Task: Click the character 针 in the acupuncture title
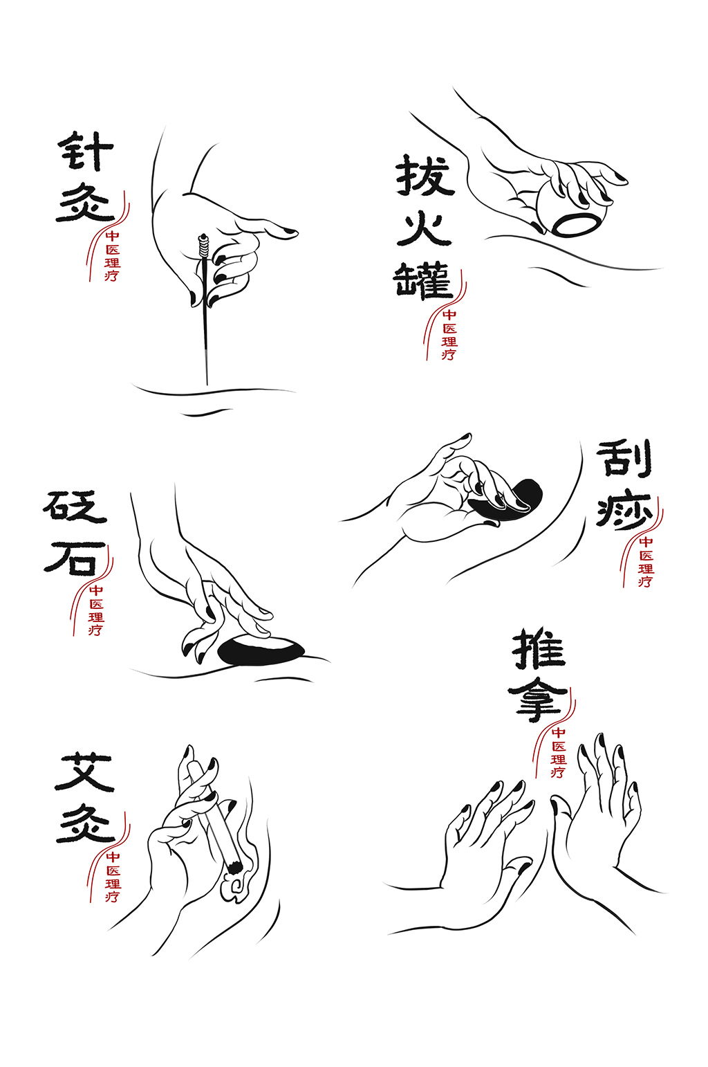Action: click(x=86, y=151)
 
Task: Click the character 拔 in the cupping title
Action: click(x=425, y=176)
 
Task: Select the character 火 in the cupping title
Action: click(x=424, y=228)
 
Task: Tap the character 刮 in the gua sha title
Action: click(x=624, y=458)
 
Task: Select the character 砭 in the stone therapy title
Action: click(x=75, y=508)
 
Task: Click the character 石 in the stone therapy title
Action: click(x=75, y=558)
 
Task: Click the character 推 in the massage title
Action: click(x=539, y=649)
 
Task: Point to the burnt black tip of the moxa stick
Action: click(x=234, y=866)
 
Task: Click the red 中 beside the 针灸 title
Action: click(x=112, y=237)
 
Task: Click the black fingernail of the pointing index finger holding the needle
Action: click(x=288, y=232)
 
